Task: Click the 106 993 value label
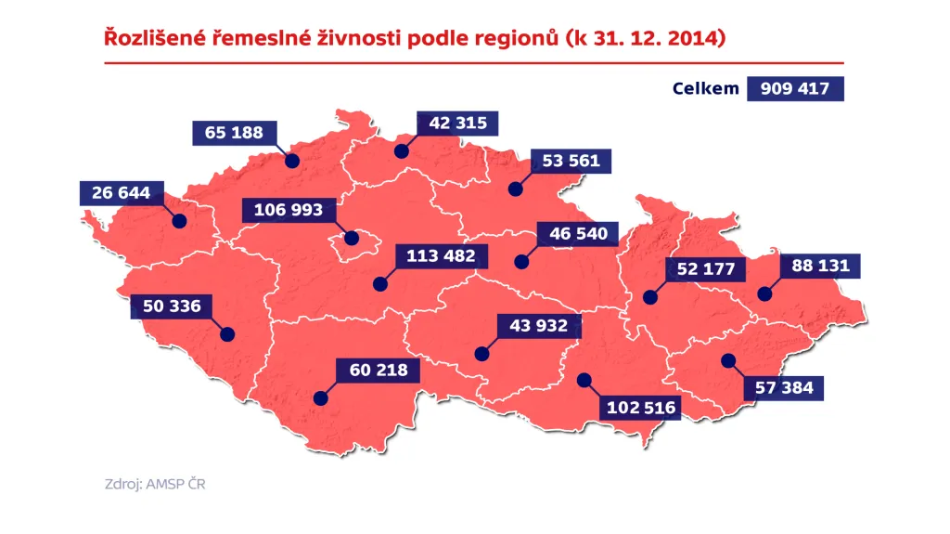click(x=289, y=210)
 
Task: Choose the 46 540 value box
click(x=578, y=233)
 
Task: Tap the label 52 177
click(x=706, y=270)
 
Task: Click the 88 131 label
click(x=820, y=266)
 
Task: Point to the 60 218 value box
click(x=378, y=371)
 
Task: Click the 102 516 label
click(x=641, y=407)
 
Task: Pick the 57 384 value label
click(x=784, y=387)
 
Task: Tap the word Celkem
click(x=706, y=88)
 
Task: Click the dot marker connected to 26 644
click(x=179, y=222)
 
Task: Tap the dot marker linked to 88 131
click(x=764, y=293)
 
